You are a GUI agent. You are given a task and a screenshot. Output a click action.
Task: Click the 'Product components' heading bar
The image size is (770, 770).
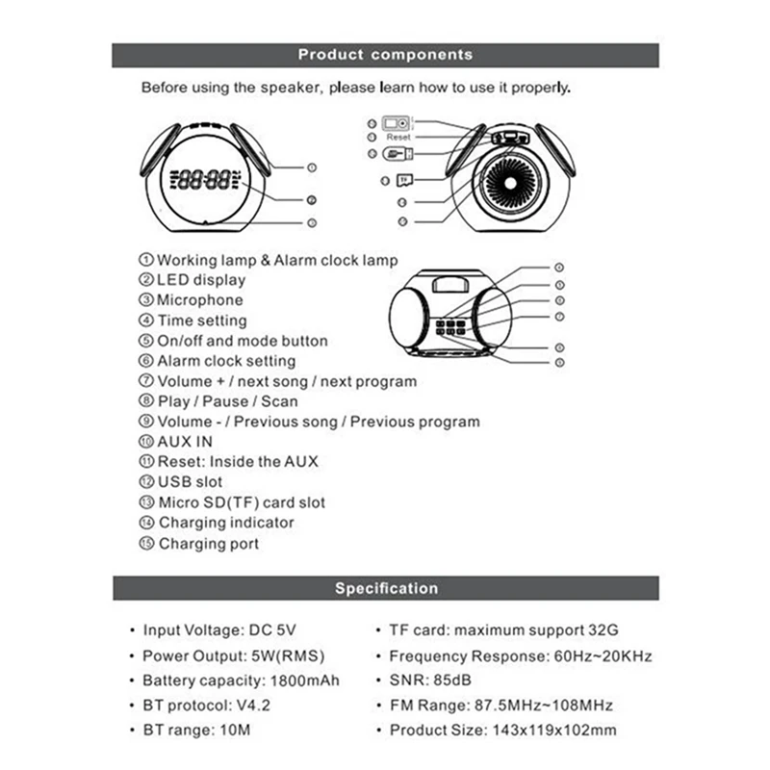(x=385, y=55)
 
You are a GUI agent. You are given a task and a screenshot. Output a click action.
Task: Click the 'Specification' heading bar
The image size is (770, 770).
(x=385, y=588)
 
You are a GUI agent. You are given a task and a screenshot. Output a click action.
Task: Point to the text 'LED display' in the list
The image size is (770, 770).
(x=201, y=280)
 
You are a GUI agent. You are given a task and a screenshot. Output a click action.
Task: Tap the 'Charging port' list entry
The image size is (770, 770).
(x=209, y=544)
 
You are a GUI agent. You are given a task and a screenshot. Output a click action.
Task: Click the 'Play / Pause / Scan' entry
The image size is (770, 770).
(x=227, y=401)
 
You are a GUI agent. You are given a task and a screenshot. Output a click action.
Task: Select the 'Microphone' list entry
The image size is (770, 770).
(x=200, y=300)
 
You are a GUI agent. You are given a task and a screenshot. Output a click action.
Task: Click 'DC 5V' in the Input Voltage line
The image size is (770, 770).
(x=272, y=631)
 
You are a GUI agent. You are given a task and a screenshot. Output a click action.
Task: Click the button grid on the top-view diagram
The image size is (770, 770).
(x=450, y=327)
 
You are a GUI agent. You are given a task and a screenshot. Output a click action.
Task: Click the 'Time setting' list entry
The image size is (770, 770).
(x=202, y=321)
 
